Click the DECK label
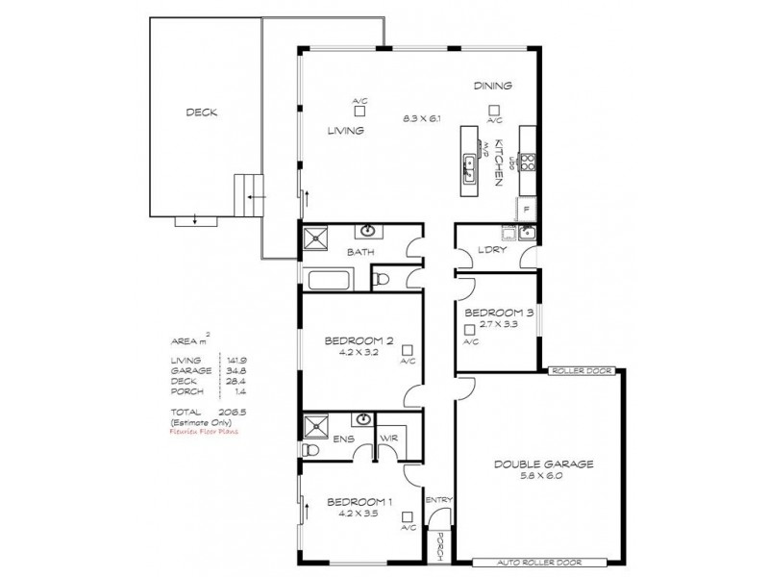tap(201, 113)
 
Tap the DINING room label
tap(492, 86)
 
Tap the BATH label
tap(360, 253)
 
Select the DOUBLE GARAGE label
tap(544, 464)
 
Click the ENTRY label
tap(437, 499)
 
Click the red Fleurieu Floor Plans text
tap(204, 431)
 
